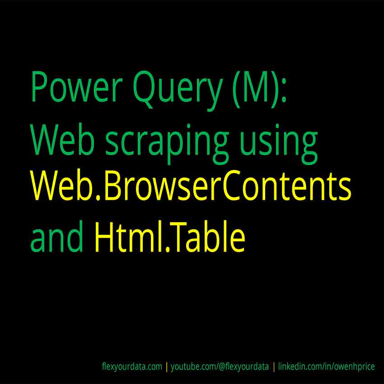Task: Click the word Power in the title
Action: pos(77,86)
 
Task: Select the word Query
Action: pos(178,91)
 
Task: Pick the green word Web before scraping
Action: pos(63,139)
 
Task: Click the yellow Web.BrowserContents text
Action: pos(191,185)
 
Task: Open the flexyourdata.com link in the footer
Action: pos(132,367)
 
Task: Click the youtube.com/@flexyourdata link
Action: pos(220,367)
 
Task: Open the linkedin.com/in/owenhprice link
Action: pos(327,367)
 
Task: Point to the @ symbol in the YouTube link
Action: pos(222,367)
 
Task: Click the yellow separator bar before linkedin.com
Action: pos(274,367)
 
